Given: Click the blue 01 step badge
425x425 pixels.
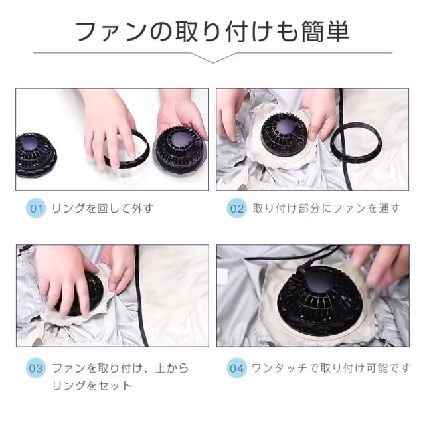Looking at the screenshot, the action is pos(36,209).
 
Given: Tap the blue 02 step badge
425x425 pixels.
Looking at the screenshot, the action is pos(237,209).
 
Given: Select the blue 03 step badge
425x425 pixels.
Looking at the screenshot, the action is pos(36,369).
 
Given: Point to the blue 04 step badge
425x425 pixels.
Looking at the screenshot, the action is pos(237,369).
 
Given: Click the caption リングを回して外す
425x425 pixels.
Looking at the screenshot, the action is pos(103,209).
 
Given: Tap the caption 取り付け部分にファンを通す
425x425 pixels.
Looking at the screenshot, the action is pos(326,209).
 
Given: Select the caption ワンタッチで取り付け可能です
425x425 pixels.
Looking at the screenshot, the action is pos(331,368).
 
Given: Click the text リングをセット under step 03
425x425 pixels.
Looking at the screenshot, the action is pos(92,386).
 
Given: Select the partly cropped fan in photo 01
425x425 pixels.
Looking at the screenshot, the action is pos(36,155).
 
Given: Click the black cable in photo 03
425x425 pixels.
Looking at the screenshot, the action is pos(141,296).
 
